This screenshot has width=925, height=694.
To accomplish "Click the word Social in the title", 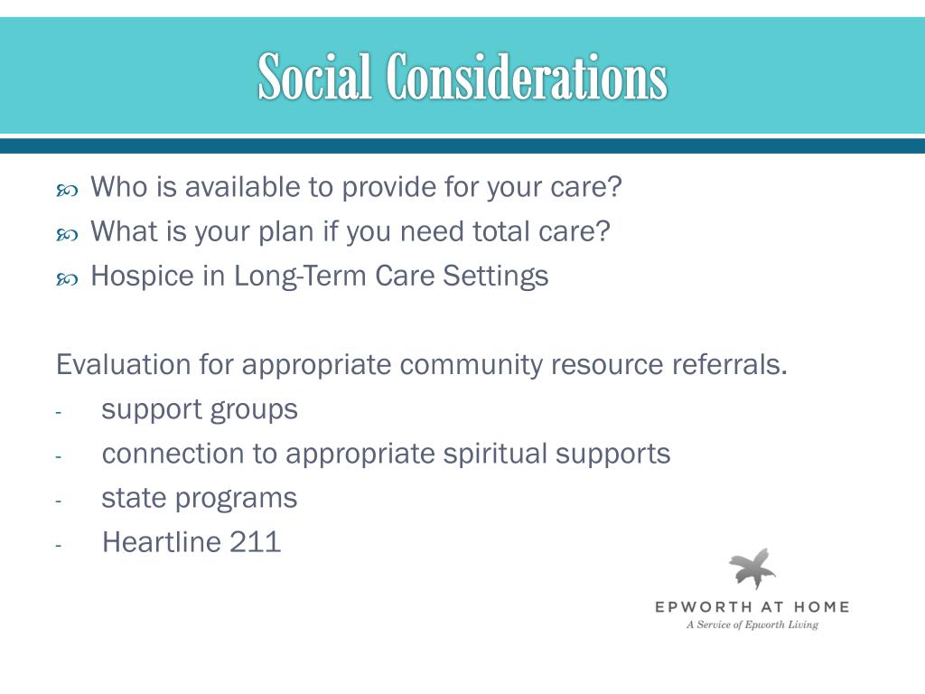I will coord(315,77).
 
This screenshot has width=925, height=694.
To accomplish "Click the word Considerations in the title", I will coord(527,77).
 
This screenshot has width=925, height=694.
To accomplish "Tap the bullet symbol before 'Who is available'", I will coord(67,190).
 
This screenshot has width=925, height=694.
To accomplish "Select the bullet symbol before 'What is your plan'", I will coord(67,234).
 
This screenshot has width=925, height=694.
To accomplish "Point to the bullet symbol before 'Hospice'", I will coord(67,278).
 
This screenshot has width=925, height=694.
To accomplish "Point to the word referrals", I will coord(729,365).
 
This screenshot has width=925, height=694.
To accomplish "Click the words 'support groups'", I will coord(200,409).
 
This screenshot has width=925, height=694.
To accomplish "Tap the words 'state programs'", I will coord(200,498).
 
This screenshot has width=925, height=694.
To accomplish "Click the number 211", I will coord(256,542).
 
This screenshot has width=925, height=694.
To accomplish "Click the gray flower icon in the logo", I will coord(752,568).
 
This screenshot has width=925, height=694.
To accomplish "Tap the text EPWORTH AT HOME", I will coord(752,607).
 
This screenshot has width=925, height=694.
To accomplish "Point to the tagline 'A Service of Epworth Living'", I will coord(752,624).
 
